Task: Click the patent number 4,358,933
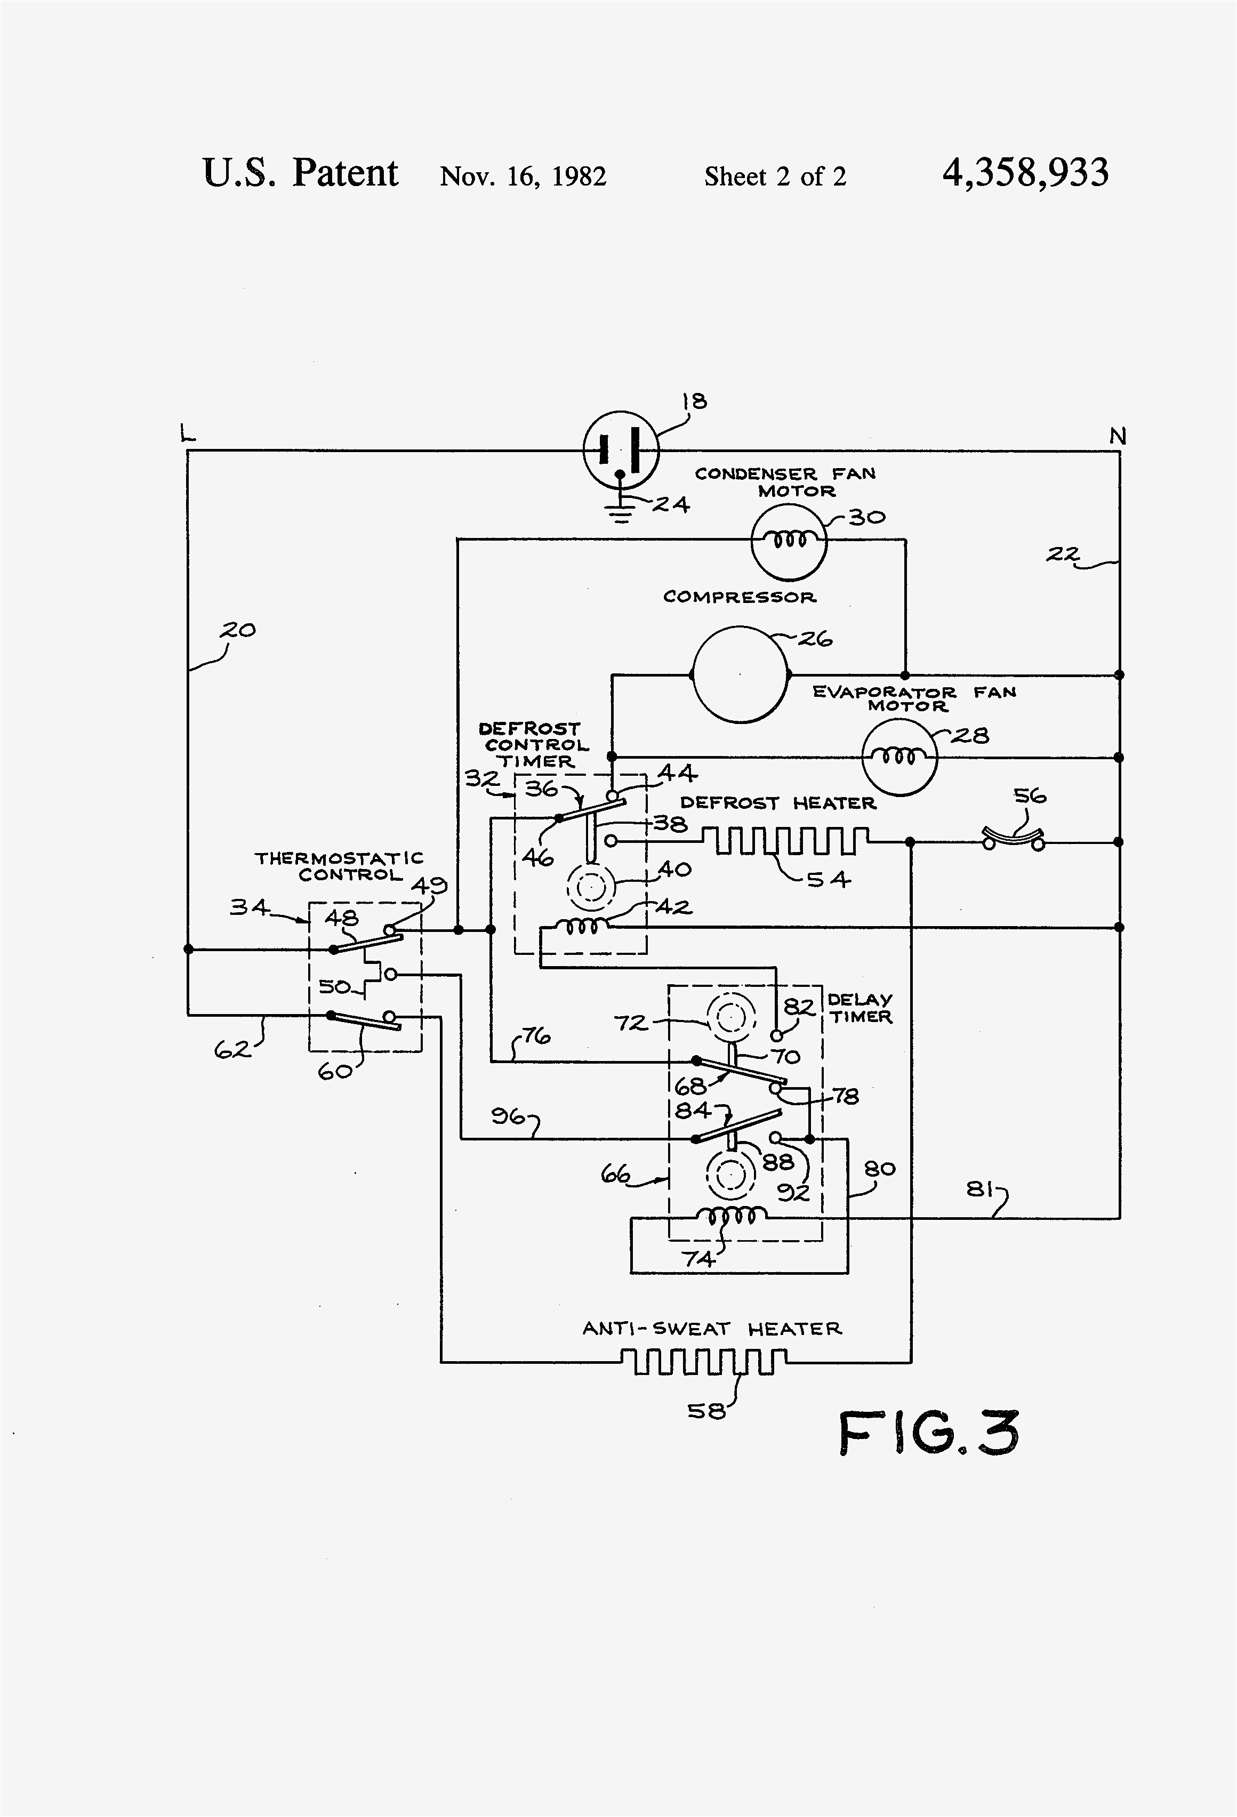point(1025,173)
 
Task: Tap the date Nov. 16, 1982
point(523,176)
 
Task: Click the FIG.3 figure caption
point(929,1433)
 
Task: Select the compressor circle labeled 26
point(740,673)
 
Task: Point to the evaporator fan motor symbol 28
point(898,757)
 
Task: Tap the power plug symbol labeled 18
point(621,451)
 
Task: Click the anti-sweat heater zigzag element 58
point(704,1362)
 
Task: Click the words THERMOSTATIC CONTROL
point(339,866)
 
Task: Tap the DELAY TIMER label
point(860,1008)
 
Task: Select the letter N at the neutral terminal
point(1118,436)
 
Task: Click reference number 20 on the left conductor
point(238,630)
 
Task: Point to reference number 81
point(979,1190)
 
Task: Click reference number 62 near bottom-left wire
point(232,1049)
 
